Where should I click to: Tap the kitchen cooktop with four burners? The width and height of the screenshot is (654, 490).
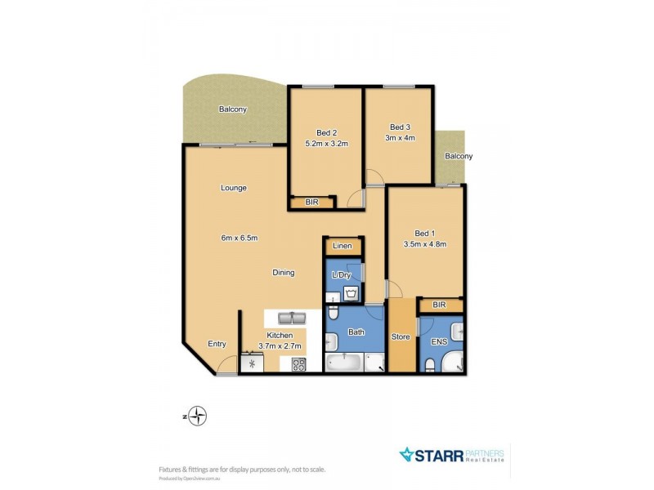(298, 363)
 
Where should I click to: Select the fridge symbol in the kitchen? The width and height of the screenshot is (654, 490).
(252, 363)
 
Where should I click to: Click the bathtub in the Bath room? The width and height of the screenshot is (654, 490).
(346, 362)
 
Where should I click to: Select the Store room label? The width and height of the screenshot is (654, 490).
(401, 336)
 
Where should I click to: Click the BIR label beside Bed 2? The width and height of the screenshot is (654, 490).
(311, 202)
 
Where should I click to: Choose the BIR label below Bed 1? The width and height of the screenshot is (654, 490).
(439, 305)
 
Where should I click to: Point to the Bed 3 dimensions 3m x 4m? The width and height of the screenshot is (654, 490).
(401, 138)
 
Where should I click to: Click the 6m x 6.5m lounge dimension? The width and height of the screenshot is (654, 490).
(239, 238)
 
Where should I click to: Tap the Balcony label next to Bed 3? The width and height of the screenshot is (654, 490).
(458, 156)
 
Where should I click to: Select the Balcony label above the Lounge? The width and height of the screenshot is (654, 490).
(232, 109)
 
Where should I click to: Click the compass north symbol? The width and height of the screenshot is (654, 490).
(196, 416)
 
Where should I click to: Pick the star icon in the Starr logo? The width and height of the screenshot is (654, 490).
(406, 454)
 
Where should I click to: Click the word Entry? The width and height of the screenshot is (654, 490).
(217, 344)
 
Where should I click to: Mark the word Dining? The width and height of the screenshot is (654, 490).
(284, 273)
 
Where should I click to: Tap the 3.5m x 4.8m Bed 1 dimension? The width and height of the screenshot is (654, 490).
(424, 243)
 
